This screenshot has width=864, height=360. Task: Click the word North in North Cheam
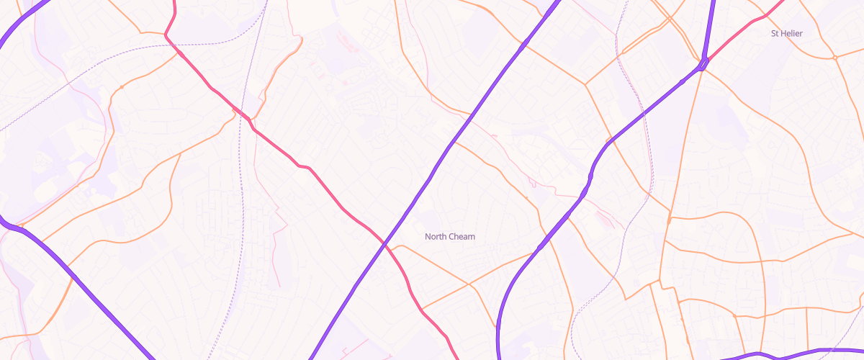(x=436, y=236)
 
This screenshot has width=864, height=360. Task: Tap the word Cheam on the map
(x=462, y=236)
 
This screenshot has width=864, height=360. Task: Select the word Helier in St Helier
(x=791, y=34)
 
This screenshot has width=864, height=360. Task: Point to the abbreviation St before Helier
(x=775, y=34)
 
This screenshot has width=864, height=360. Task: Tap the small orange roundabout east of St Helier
(x=834, y=57)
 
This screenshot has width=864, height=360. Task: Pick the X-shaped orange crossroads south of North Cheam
(x=469, y=284)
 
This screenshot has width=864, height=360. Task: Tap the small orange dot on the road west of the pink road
(x=122, y=87)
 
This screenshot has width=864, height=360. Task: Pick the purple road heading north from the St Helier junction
(x=710, y=29)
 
